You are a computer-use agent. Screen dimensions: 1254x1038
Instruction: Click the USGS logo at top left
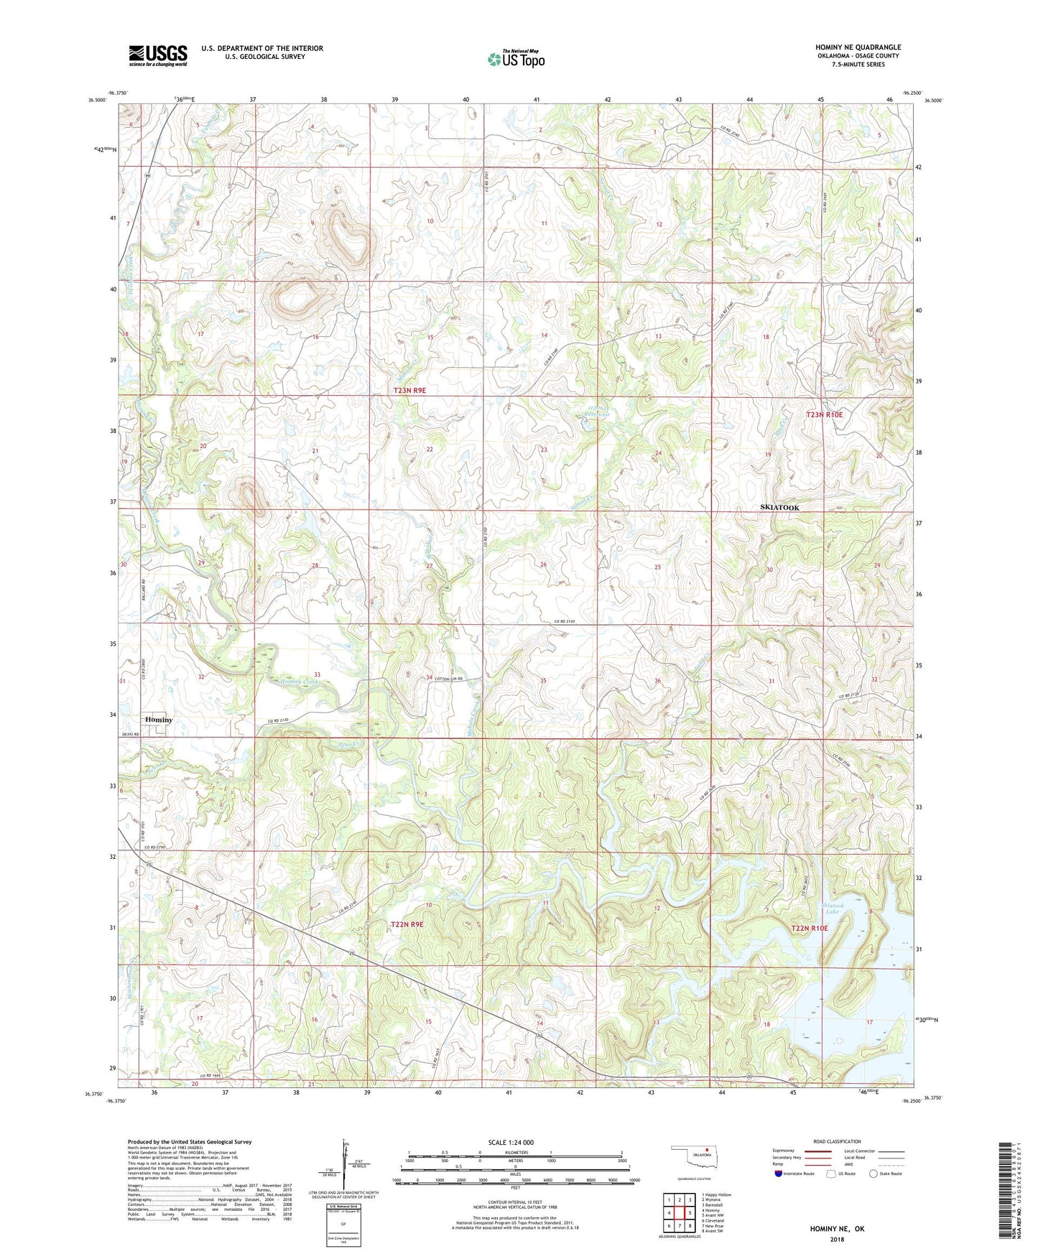[158, 55]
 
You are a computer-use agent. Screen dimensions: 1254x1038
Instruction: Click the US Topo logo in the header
[515, 59]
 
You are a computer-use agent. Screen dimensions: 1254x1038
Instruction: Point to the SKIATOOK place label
[779, 508]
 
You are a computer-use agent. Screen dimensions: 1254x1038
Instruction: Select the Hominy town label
[159, 720]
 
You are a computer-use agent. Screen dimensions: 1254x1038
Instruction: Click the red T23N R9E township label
[409, 390]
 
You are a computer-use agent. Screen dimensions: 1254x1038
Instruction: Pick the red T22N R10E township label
[809, 928]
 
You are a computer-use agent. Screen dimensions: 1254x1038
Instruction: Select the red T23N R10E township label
[824, 414]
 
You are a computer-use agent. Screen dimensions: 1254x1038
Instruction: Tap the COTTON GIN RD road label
[451, 679]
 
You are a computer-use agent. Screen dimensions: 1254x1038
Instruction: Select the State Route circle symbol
[873, 1174]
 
